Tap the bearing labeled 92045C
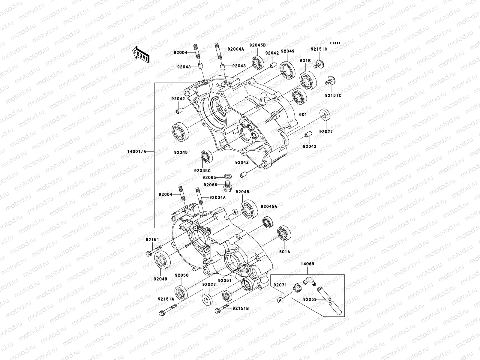click(206, 156)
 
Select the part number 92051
click(225, 281)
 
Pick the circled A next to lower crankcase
click(235, 212)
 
